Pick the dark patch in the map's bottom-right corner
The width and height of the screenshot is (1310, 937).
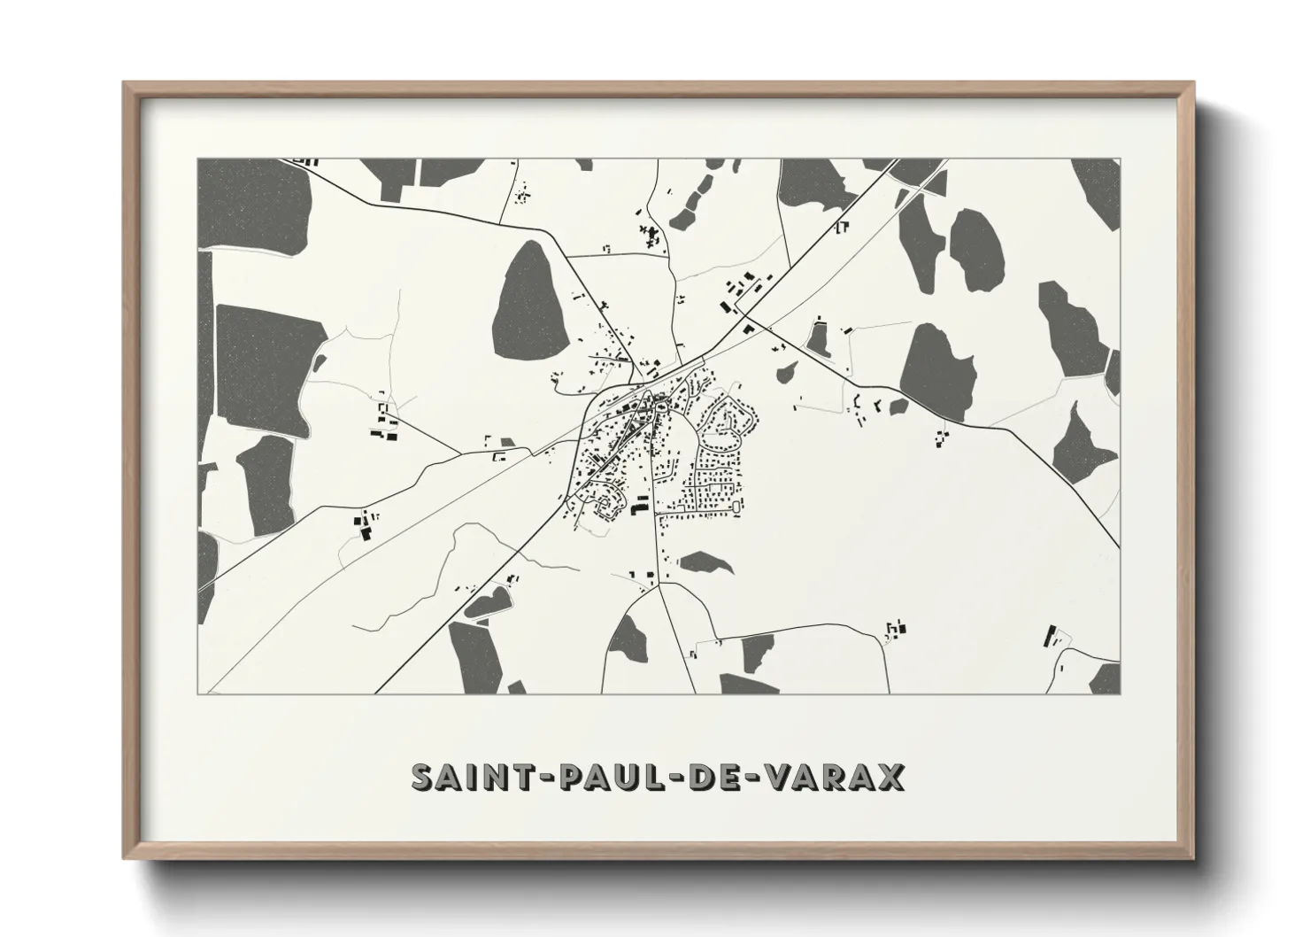pyautogui.click(x=1104, y=678)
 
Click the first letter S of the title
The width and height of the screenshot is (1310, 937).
pyautogui.click(x=423, y=777)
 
